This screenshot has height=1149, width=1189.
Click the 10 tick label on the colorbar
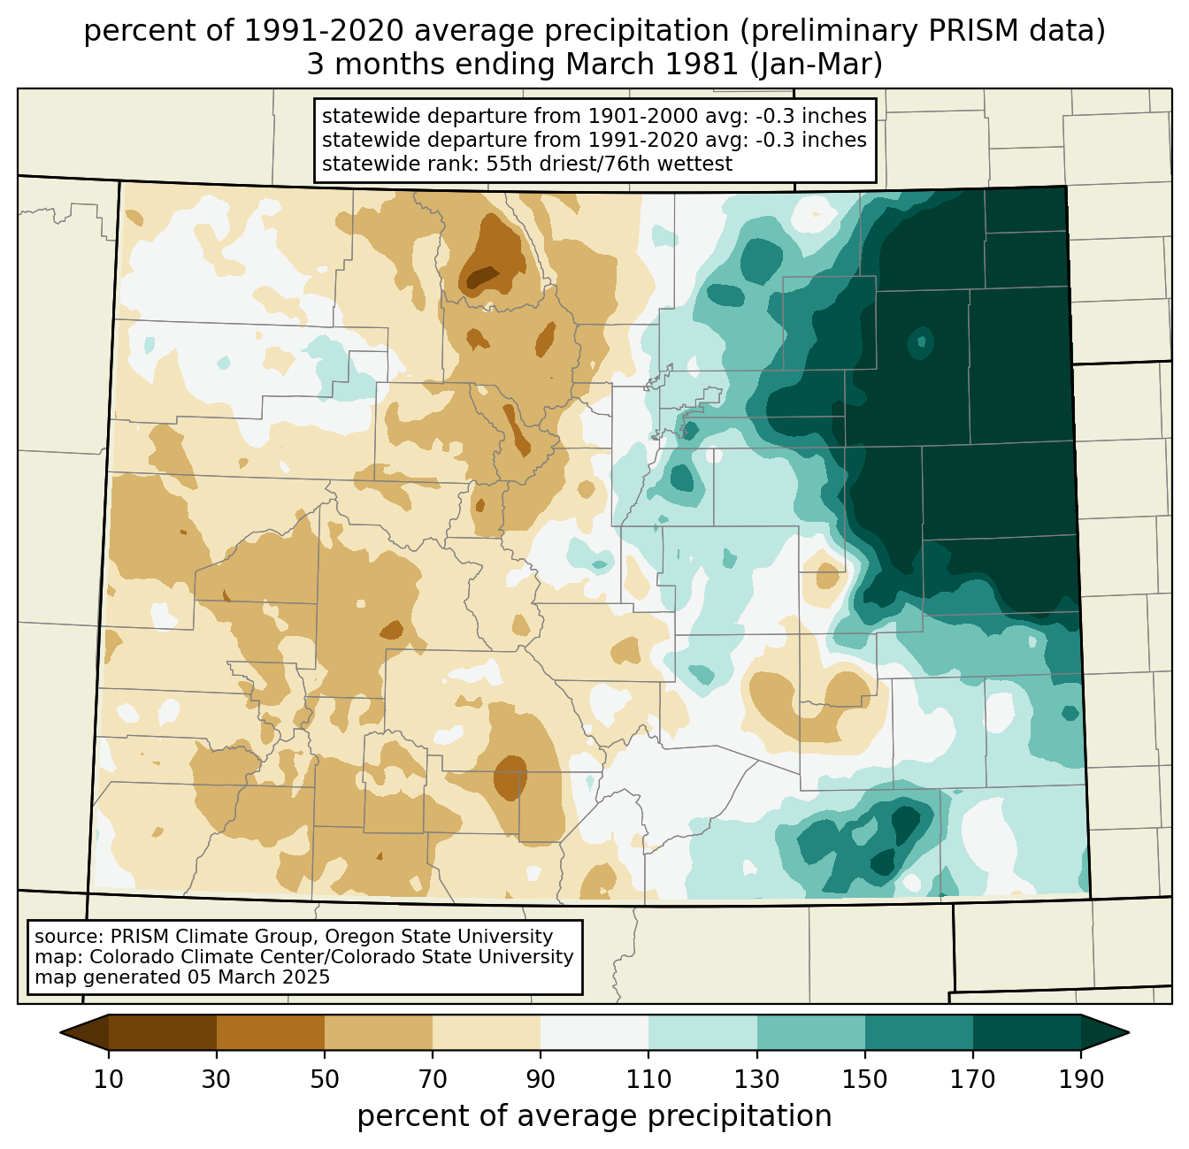109,1080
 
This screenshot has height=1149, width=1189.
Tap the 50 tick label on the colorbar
325,1080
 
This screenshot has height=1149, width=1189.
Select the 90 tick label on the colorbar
541,1080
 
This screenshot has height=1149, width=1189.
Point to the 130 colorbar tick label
756,1080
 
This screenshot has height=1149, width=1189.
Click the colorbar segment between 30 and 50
271,1032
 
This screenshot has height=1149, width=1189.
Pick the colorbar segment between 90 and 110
594,1032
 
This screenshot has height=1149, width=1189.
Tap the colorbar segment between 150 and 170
919,1032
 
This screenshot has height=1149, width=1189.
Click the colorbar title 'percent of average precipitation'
594,1116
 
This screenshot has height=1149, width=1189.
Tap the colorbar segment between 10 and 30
163,1032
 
